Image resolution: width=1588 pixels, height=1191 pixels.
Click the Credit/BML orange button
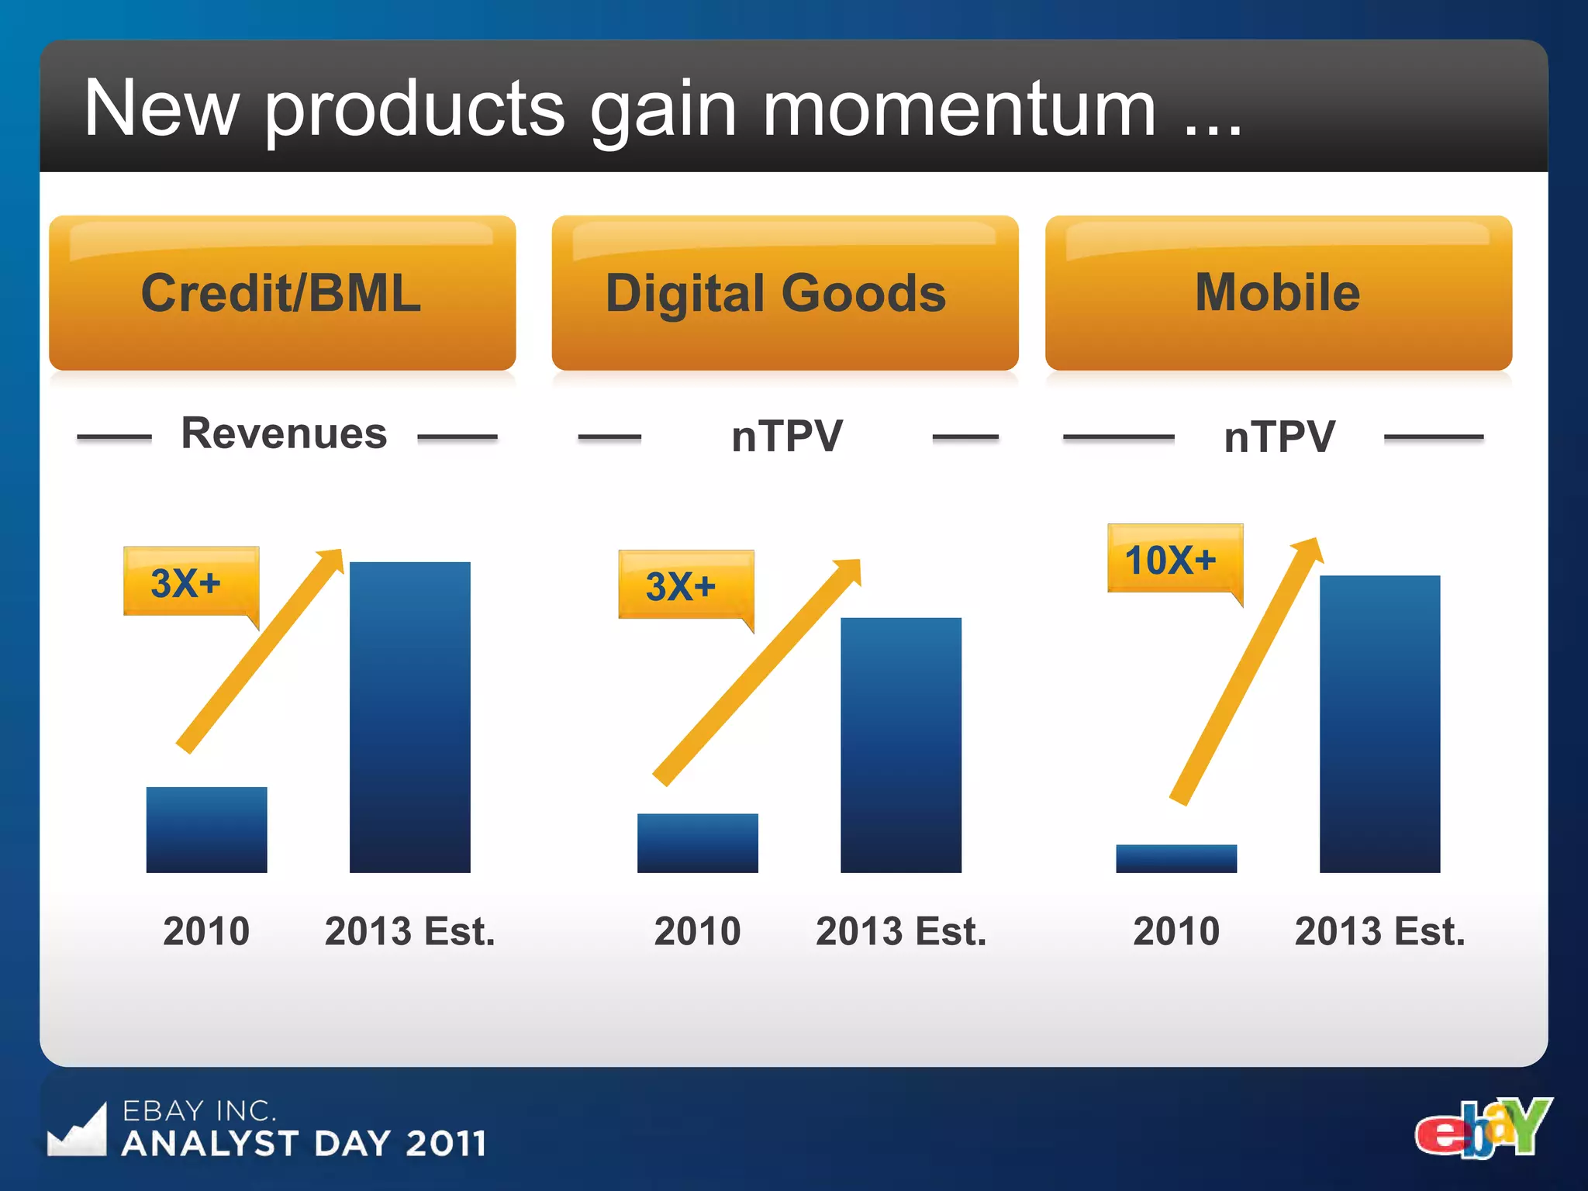click(x=282, y=293)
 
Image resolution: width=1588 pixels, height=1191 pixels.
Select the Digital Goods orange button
click(x=785, y=293)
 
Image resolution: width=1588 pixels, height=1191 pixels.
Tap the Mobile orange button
click(x=1278, y=293)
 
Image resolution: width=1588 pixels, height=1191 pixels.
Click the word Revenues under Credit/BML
click(x=284, y=433)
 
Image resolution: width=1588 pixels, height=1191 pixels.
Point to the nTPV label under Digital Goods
click(x=786, y=436)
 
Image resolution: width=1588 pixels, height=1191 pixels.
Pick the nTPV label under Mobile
click(x=1279, y=437)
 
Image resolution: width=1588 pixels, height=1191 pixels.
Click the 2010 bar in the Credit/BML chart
click(x=206, y=830)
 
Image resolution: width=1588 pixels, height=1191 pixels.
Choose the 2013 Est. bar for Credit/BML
click(x=409, y=717)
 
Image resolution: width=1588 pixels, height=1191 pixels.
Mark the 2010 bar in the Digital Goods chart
click(x=697, y=843)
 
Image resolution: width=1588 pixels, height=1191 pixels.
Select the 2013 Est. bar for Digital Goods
click(x=900, y=745)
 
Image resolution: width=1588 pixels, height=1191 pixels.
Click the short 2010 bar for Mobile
click(x=1175, y=858)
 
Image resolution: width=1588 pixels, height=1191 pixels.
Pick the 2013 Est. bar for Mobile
click(x=1379, y=724)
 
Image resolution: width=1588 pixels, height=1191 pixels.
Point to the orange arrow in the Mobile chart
click(x=1245, y=671)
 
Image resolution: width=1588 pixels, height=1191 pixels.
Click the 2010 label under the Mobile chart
click(x=1175, y=931)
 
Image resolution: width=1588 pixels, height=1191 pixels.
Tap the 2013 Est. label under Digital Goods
click(x=900, y=931)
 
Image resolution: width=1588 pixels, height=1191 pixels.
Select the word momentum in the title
click(x=960, y=110)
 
